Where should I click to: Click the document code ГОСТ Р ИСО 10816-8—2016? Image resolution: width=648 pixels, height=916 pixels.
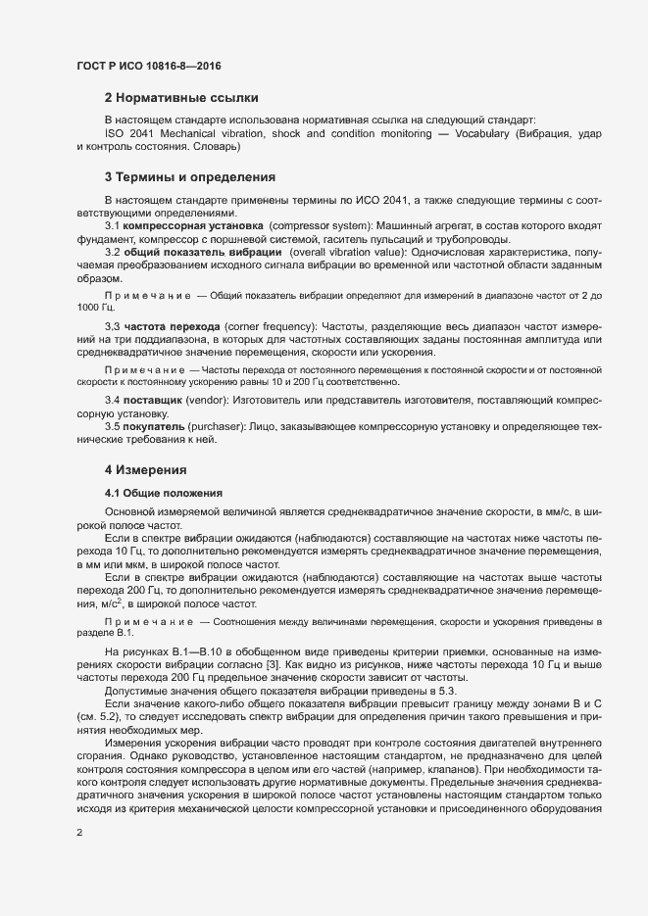coord(148,66)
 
